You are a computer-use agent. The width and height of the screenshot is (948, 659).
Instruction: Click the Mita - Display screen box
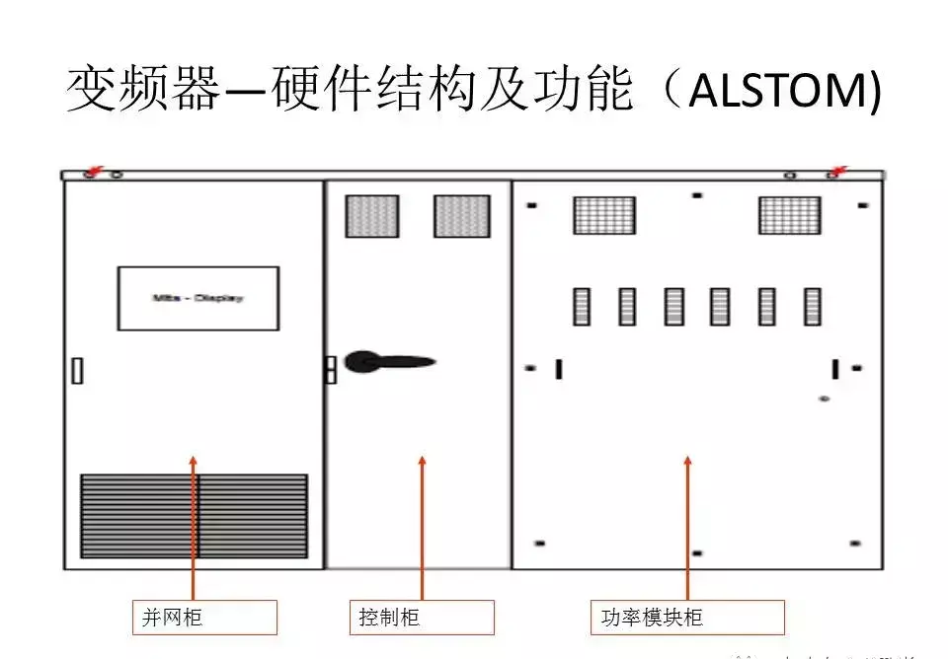click(198, 298)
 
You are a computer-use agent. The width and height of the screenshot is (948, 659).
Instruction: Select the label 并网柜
click(204, 618)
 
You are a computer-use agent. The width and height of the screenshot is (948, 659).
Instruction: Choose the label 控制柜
click(422, 618)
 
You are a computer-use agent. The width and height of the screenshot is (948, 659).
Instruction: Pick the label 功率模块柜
click(686, 618)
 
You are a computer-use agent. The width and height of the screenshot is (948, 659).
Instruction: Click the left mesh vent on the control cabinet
click(371, 216)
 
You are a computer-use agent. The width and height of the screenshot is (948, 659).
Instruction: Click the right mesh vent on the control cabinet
click(462, 216)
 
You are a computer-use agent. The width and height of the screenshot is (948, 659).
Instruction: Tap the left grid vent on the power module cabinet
click(604, 215)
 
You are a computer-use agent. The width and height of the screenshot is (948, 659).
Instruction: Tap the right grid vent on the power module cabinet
click(789, 215)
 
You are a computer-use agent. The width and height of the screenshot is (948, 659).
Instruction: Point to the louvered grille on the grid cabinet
click(194, 515)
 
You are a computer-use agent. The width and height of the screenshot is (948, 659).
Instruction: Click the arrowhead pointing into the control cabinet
click(423, 462)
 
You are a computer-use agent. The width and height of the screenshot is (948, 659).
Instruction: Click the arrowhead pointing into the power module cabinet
click(687, 462)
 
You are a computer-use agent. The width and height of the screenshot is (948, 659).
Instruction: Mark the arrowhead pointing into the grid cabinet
click(194, 462)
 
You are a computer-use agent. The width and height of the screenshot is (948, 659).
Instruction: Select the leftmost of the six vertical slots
click(582, 307)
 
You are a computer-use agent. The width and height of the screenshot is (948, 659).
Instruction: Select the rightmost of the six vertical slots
click(812, 307)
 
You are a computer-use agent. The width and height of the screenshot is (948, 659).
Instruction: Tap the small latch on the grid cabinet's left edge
click(77, 371)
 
